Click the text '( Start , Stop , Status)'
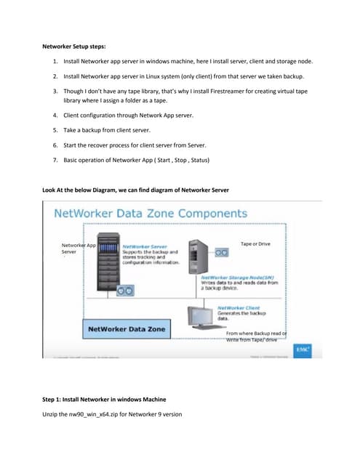pos(177,158)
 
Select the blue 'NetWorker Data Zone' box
pos(127,329)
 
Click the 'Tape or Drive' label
pos(255,244)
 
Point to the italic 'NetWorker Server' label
pos(142,247)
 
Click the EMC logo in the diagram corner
pos(302,349)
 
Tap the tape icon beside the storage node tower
pos(221,252)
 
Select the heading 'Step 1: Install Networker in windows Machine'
pos(104,400)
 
